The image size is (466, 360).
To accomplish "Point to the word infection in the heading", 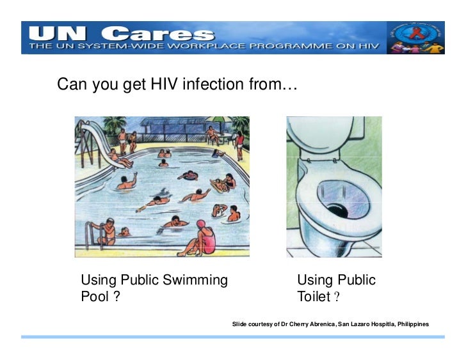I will pyautogui.click(x=215, y=84).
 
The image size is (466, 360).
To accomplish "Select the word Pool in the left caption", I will pyautogui.click(x=95, y=297).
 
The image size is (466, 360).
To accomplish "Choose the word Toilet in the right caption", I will pyautogui.click(x=313, y=297).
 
